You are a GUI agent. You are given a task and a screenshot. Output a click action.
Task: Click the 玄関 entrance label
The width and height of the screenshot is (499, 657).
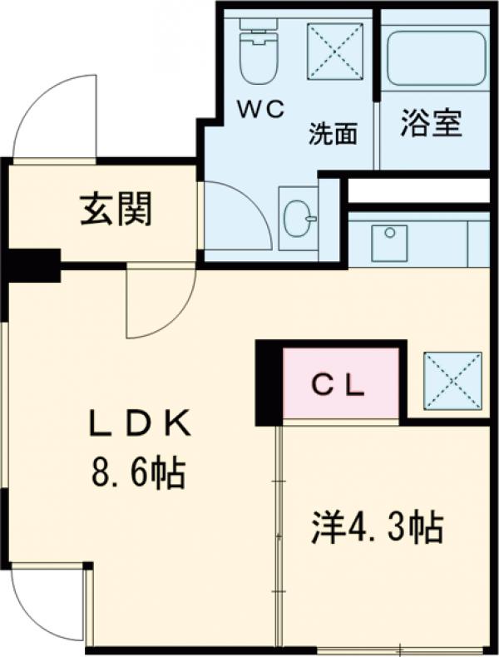point(116,210)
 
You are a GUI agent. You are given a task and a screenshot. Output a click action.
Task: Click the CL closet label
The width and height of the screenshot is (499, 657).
point(338,384)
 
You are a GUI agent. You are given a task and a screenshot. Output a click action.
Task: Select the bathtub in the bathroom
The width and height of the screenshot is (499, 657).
point(435,58)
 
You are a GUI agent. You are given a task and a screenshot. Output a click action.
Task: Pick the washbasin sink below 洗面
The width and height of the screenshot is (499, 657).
point(298,219)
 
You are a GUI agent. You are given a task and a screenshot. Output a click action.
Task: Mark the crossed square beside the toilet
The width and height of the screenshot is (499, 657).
point(336,52)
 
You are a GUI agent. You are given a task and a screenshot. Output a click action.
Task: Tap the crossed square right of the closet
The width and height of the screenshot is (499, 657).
point(452,379)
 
